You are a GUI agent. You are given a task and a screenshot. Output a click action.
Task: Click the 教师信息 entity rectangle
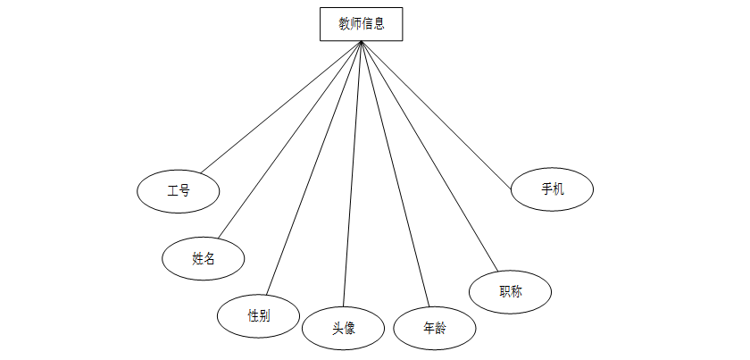tap(361, 24)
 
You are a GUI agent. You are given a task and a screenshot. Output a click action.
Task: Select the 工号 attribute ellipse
tap(179, 190)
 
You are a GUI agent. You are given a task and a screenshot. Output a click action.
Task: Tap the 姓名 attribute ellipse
tap(204, 258)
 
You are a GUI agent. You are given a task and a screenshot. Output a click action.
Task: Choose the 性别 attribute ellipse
tap(259, 315)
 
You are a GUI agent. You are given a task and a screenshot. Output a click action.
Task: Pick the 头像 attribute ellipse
tap(344, 328)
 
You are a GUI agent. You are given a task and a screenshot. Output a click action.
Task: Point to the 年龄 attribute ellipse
tap(435, 328)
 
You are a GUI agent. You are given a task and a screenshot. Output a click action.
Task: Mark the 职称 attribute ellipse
tap(511, 291)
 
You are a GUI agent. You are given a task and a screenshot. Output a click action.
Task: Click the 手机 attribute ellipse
tap(553, 189)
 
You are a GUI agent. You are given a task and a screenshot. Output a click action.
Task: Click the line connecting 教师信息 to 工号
tap(281, 107)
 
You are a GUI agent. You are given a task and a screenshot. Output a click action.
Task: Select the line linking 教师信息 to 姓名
tap(290, 139)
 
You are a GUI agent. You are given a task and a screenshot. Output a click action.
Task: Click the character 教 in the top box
tap(344, 24)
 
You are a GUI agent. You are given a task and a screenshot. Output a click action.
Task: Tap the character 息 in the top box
tap(379, 24)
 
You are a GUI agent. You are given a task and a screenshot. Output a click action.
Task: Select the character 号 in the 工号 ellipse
tap(185, 190)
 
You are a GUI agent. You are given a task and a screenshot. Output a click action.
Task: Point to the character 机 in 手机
tap(559, 189)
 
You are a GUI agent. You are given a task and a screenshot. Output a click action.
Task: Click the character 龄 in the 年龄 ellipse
tap(441, 328)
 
